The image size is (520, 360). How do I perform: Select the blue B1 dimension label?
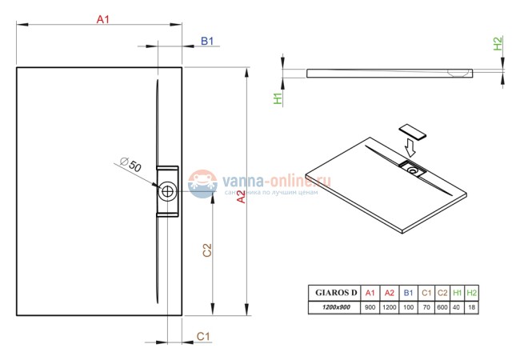tap(206, 40)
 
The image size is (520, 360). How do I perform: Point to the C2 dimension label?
tap(206, 250)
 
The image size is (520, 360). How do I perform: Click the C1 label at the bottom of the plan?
tap(203, 336)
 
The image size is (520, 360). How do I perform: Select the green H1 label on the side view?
tap(278, 98)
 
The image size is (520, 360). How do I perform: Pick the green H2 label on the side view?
tap(497, 44)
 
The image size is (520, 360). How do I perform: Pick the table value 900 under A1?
tap(370, 306)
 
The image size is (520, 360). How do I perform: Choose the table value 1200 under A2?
tap(390, 306)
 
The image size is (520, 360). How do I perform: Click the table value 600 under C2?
tap(442, 306)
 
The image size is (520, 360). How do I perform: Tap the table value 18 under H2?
tap(471, 306)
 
